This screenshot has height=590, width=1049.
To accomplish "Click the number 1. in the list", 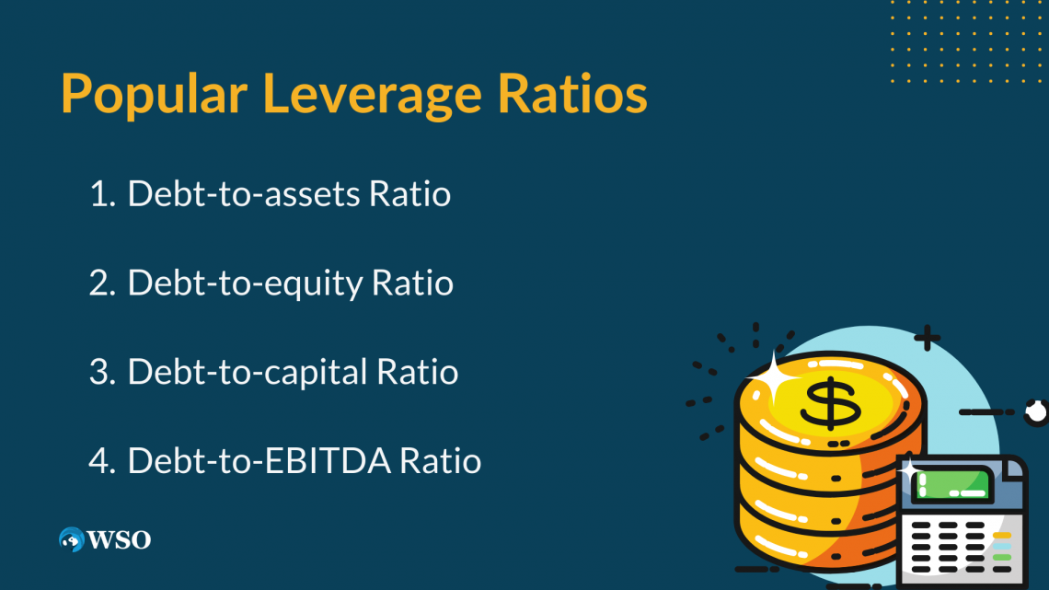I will tap(102, 194).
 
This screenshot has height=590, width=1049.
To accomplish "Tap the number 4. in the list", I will tap(102, 460).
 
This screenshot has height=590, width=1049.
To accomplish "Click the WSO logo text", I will tap(119, 539).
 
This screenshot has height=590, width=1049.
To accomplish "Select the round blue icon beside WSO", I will tap(70, 539).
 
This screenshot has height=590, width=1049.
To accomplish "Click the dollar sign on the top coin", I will tap(830, 402).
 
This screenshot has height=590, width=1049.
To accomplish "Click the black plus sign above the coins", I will tap(926, 339).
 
